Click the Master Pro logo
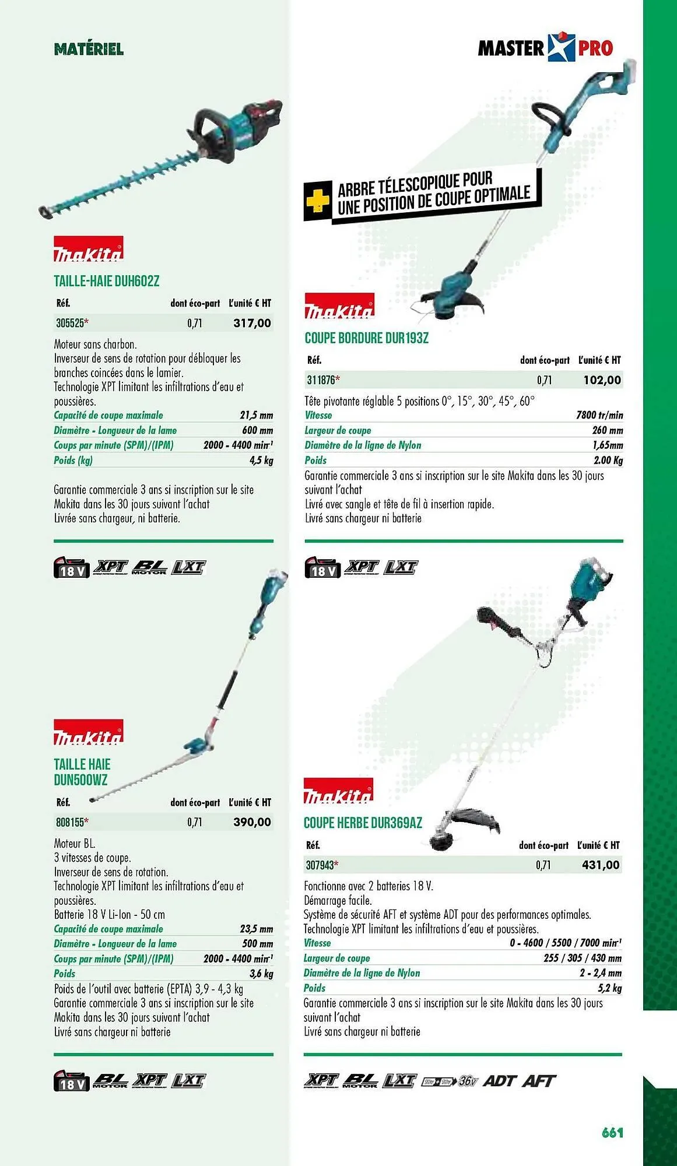[545, 48]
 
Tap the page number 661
[612, 1132]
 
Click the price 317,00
[252, 323]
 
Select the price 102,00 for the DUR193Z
[602, 380]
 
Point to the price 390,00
[252, 822]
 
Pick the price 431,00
[601, 865]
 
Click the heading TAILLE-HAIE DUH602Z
[106, 281]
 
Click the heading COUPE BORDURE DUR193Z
[366, 338]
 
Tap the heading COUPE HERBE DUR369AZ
[363, 823]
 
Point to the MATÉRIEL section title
[89, 49]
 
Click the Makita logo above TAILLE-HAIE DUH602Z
[89, 249]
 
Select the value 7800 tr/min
[599, 415]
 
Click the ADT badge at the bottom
[499, 1080]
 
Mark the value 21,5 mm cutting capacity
[256, 415]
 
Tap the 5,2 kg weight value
[609, 988]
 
